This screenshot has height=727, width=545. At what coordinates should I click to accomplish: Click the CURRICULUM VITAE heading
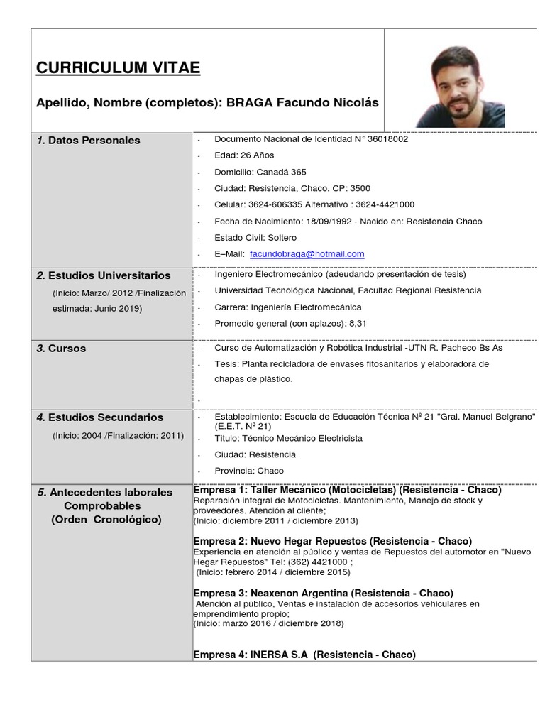click(x=118, y=68)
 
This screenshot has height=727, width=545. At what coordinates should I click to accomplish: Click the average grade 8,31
click(x=356, y=323)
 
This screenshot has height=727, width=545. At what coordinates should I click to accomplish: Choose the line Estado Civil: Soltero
click(x=255, y=237)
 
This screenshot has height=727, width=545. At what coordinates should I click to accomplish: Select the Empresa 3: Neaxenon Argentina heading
click(x=323, y=593)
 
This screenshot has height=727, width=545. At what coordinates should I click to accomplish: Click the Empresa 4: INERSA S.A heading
click(x=304, y=655)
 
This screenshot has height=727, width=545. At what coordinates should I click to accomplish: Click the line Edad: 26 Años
click(x=243, y=155)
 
